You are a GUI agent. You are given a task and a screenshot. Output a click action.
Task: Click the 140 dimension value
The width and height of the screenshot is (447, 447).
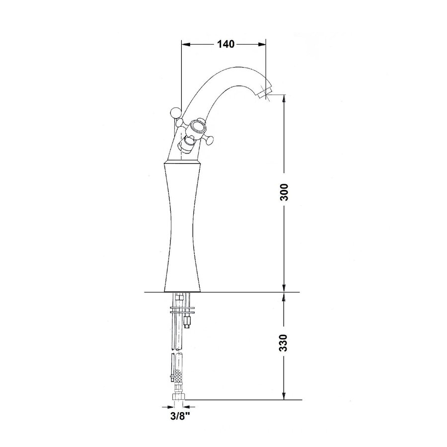[x=224, y=44]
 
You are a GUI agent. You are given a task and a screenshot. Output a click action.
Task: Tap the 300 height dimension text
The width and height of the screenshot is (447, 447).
[x=284, y=192]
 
